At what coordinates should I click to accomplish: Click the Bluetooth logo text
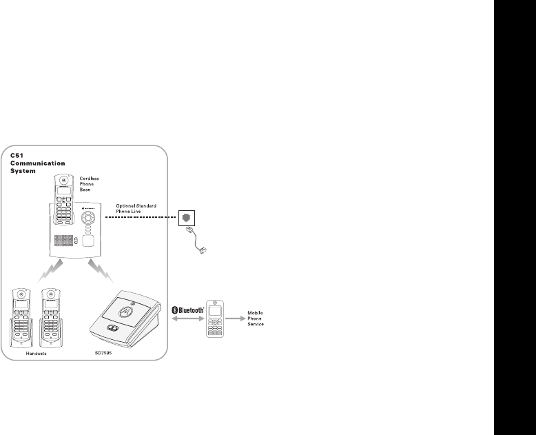point(190,310)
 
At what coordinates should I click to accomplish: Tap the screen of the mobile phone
point(216,313)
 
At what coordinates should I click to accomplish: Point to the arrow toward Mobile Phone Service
point(237,318)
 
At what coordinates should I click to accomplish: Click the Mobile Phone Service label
point(256,318)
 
